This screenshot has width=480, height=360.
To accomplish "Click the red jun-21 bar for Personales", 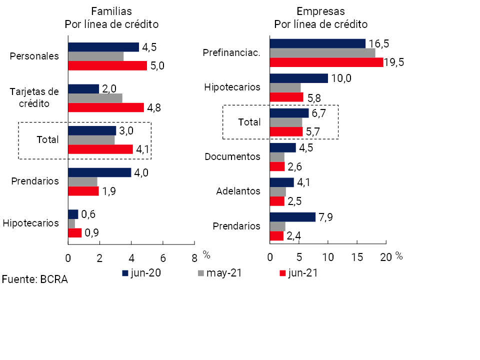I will pyautogui.click(x=107, y=65).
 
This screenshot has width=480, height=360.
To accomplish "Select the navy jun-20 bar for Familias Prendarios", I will pyautogui.click(x=99, y=172).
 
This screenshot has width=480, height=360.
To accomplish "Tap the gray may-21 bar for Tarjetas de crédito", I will pyautogui.click(x=95, y=98).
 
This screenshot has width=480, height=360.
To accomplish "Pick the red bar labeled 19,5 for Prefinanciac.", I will pyautogui.click(x=326, y=62).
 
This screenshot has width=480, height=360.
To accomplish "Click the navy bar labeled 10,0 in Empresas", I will pyautogui.click(x=298, y=78).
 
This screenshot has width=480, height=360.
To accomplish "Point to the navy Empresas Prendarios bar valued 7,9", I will pyautogui.click(x=292, y=217).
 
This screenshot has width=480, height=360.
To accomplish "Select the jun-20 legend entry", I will pyautogui.click(x=142, y=273).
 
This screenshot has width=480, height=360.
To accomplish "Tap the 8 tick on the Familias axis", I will pyautogui.click(x=194, y=258).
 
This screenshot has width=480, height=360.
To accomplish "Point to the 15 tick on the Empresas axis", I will pyautogui.click(x=357, y=258).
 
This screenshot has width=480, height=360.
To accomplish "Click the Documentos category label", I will pyautogui.click(x=233, y=156).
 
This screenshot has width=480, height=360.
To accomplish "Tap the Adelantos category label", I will pyautogui.click(x=238, y=191).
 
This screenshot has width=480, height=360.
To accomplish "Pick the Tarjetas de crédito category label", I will pyautogui.click(x=34, y=97).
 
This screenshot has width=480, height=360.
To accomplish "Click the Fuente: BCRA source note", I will pyautogui.click(x=34, y=279).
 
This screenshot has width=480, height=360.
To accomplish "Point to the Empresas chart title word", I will pyautogui.click(x=320, y=11).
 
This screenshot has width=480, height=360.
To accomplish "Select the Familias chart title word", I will pyautogui.click(x=111, y=11).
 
